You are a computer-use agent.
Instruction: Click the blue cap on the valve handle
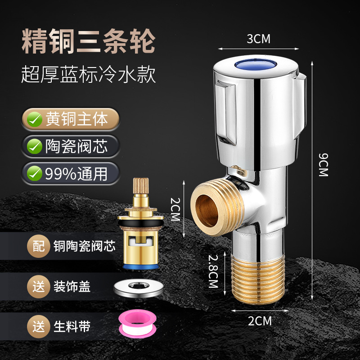[x=255, y=64]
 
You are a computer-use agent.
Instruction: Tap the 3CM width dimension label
[x=258, y=39]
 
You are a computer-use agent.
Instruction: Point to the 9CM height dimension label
[x=324, y=165]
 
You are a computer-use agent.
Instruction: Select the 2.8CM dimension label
[x=213, y=271]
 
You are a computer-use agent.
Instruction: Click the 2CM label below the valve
[x=260, y=321]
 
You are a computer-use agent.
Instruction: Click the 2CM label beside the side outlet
[x=175, y=209]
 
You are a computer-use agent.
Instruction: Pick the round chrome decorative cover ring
[x=139, y=288]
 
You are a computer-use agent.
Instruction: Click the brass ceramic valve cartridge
[x=140, y=224]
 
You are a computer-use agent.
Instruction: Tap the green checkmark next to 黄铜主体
[x=35, y=119]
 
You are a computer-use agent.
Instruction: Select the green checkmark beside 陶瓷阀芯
[x=35, y=146]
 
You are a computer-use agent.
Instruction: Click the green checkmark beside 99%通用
[x=35, y=173]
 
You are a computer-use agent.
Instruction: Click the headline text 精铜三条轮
[x=89, y=41]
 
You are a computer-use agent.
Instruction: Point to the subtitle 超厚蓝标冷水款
[x=88, y=74]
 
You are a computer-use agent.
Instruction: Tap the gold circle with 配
[x=39, y=246]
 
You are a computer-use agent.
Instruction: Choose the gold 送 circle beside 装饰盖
[x=39, y=287]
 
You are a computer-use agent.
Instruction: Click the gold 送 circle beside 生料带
[x=39, y=327]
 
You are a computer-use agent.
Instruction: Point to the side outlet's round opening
[x=207, y=211]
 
